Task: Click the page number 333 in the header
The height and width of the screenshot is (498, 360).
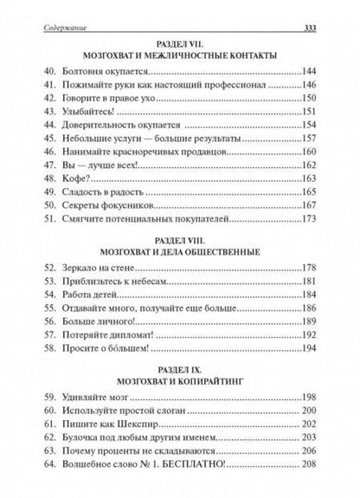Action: tap(315, 10)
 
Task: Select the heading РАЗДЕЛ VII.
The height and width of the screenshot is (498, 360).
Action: tap(180, 43)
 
